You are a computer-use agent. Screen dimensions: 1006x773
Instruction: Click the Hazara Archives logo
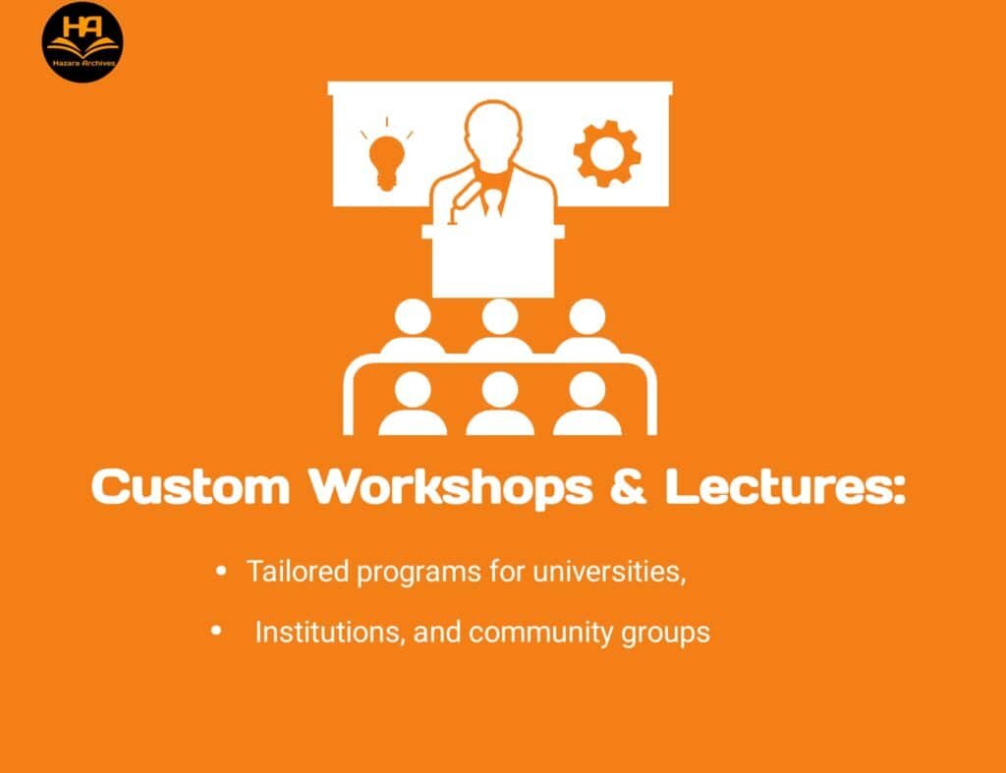[x=83, y=42]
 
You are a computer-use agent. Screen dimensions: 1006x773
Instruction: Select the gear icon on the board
[x=607, y=154]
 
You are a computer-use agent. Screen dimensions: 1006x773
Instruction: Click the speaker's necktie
[x=492, y=202]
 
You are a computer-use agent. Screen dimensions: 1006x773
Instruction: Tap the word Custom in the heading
[x=191, y=485]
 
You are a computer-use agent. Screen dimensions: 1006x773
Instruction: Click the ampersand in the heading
[x=628, y=485]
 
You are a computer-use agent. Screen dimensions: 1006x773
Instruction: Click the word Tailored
[x=298, y=571]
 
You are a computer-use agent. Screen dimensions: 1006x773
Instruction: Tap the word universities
[x=609, y=571]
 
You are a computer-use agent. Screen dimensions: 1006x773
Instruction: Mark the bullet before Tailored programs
[x=221, y=571]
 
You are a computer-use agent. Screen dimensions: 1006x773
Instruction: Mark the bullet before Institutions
[x=216, y=632]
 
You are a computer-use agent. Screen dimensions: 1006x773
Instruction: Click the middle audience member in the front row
[x=500, y=404]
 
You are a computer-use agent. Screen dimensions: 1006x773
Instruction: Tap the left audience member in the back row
[x=414, y=326]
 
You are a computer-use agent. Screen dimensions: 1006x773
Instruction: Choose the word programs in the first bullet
[x=419, y=573]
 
